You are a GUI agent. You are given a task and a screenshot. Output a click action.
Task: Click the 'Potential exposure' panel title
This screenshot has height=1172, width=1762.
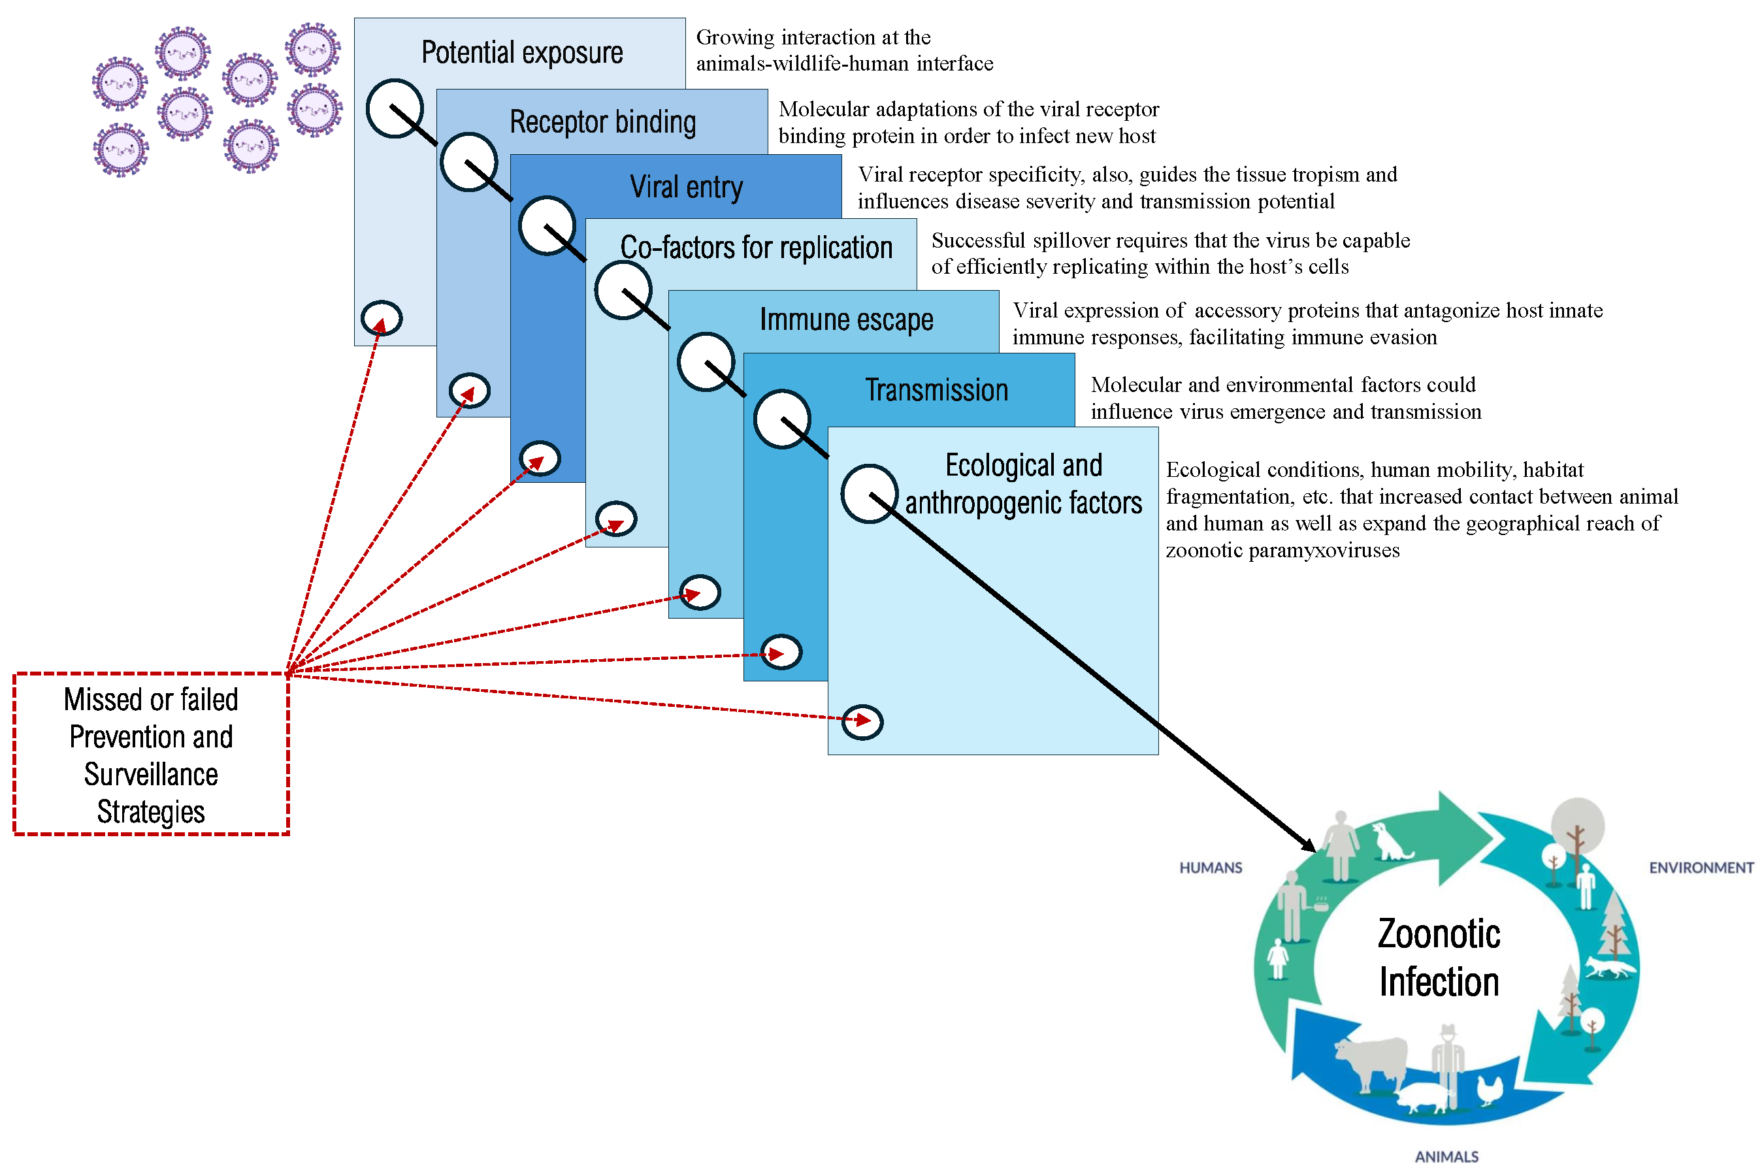pos(521,52)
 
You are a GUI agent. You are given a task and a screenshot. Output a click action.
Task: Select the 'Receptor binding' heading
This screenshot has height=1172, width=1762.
pos(602,122)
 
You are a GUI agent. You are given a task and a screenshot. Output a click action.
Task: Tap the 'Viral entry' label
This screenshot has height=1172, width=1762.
pos(685,187)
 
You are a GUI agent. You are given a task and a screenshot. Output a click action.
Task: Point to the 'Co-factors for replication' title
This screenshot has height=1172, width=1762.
pos(756,248)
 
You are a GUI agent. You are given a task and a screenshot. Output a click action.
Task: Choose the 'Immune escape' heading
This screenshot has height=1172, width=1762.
pos(845,319)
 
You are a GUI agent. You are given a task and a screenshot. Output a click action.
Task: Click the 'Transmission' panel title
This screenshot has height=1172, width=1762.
pos(936,390)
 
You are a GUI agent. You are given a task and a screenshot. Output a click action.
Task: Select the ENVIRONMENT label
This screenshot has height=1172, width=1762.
pos(1700,868)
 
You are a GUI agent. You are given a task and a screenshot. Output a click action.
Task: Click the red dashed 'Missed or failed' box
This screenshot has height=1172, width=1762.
pos(151,754)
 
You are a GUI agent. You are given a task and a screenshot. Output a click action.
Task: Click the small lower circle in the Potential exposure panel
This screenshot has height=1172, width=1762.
pos(382,318)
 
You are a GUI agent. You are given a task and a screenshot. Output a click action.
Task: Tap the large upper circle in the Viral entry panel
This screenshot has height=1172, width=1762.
pos(547,226)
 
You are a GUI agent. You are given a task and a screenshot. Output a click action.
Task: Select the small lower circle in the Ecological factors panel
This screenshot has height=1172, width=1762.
pos(862,722)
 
